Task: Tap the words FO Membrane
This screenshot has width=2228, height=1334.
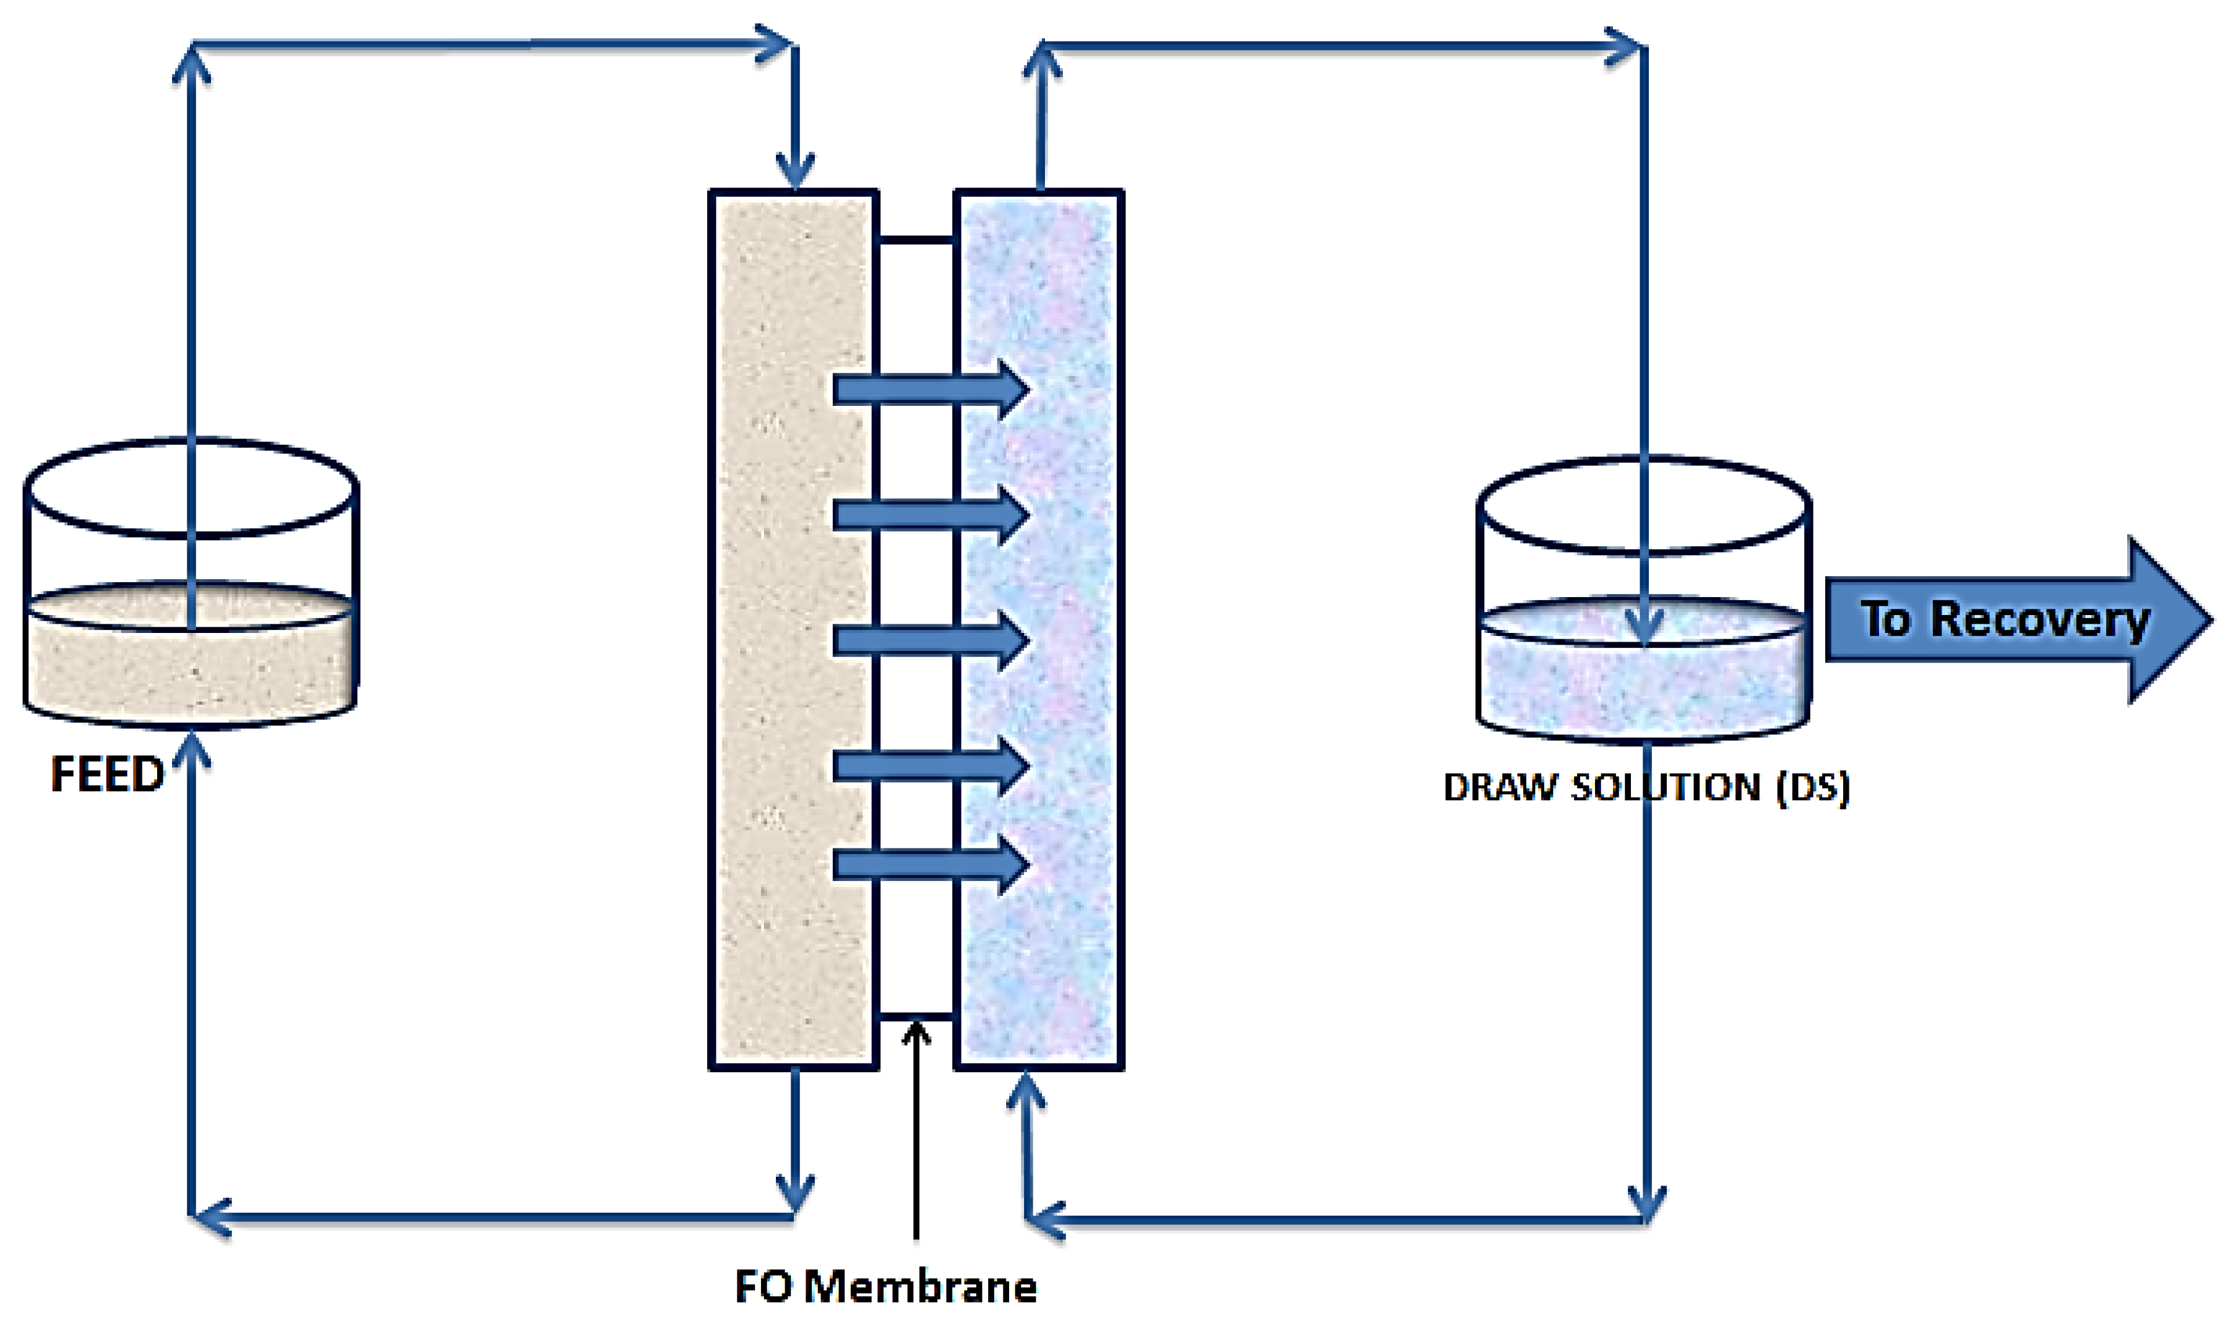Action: (x=885, y=1286)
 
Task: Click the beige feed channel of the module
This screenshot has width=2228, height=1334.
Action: (x=791, y=629)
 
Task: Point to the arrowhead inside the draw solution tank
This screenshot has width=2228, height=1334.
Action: (x=1644, y=629)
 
